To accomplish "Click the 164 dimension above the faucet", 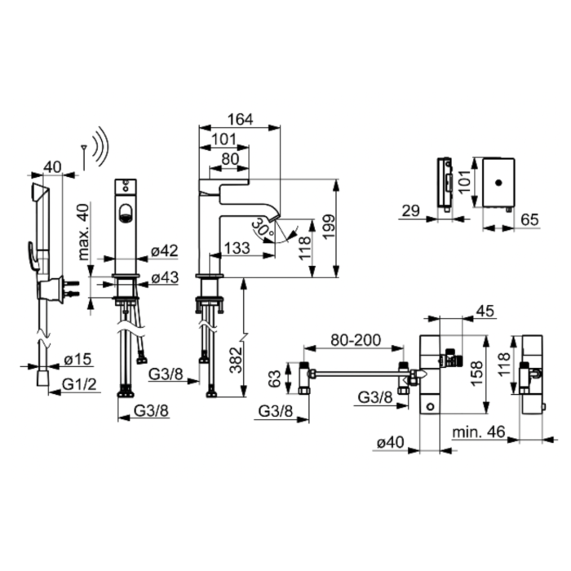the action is (240, 119).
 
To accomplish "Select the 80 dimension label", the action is (230, 159).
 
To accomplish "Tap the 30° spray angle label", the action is (263, 227).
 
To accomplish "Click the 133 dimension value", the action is (237, 248).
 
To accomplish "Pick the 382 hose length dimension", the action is (237, 360).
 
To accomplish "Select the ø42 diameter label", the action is (165, 250).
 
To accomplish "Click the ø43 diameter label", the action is (165, 277).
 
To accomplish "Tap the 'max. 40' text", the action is (84, 232).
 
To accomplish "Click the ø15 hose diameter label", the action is (77, 360).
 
